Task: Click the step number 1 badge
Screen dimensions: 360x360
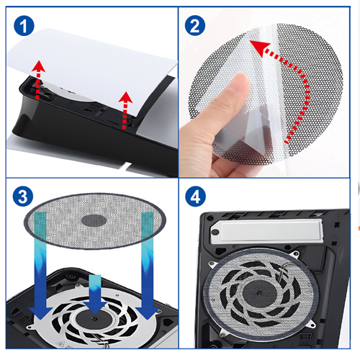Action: click(x=24, y=26)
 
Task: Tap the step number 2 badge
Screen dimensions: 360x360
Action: click(x=195, y=25)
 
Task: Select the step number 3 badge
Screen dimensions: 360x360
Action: click(x=23, y=197)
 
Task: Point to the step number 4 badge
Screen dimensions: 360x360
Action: click(x=195, y=197)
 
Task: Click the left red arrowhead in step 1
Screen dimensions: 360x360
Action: click(x=38, y=67)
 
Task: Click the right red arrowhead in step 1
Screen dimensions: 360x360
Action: click(x=125, y=97)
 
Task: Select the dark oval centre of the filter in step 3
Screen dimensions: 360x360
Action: click(x=94, y=220)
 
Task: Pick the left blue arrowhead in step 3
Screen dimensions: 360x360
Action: click(x=40, y=312)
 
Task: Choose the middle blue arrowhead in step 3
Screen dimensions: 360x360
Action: click(x=95, y=308)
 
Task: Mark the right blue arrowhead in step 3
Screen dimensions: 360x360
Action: click(x=147, y=312)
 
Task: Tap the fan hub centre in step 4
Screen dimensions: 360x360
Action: click(x=259, y=292)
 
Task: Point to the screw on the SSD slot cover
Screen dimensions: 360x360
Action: click(x=215, y=232)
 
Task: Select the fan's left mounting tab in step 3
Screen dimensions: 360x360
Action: click(x=31, y=327)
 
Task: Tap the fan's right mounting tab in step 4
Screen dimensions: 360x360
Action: click(x=312, y=325)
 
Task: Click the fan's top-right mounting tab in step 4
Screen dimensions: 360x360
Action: click(x=294, y=254)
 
